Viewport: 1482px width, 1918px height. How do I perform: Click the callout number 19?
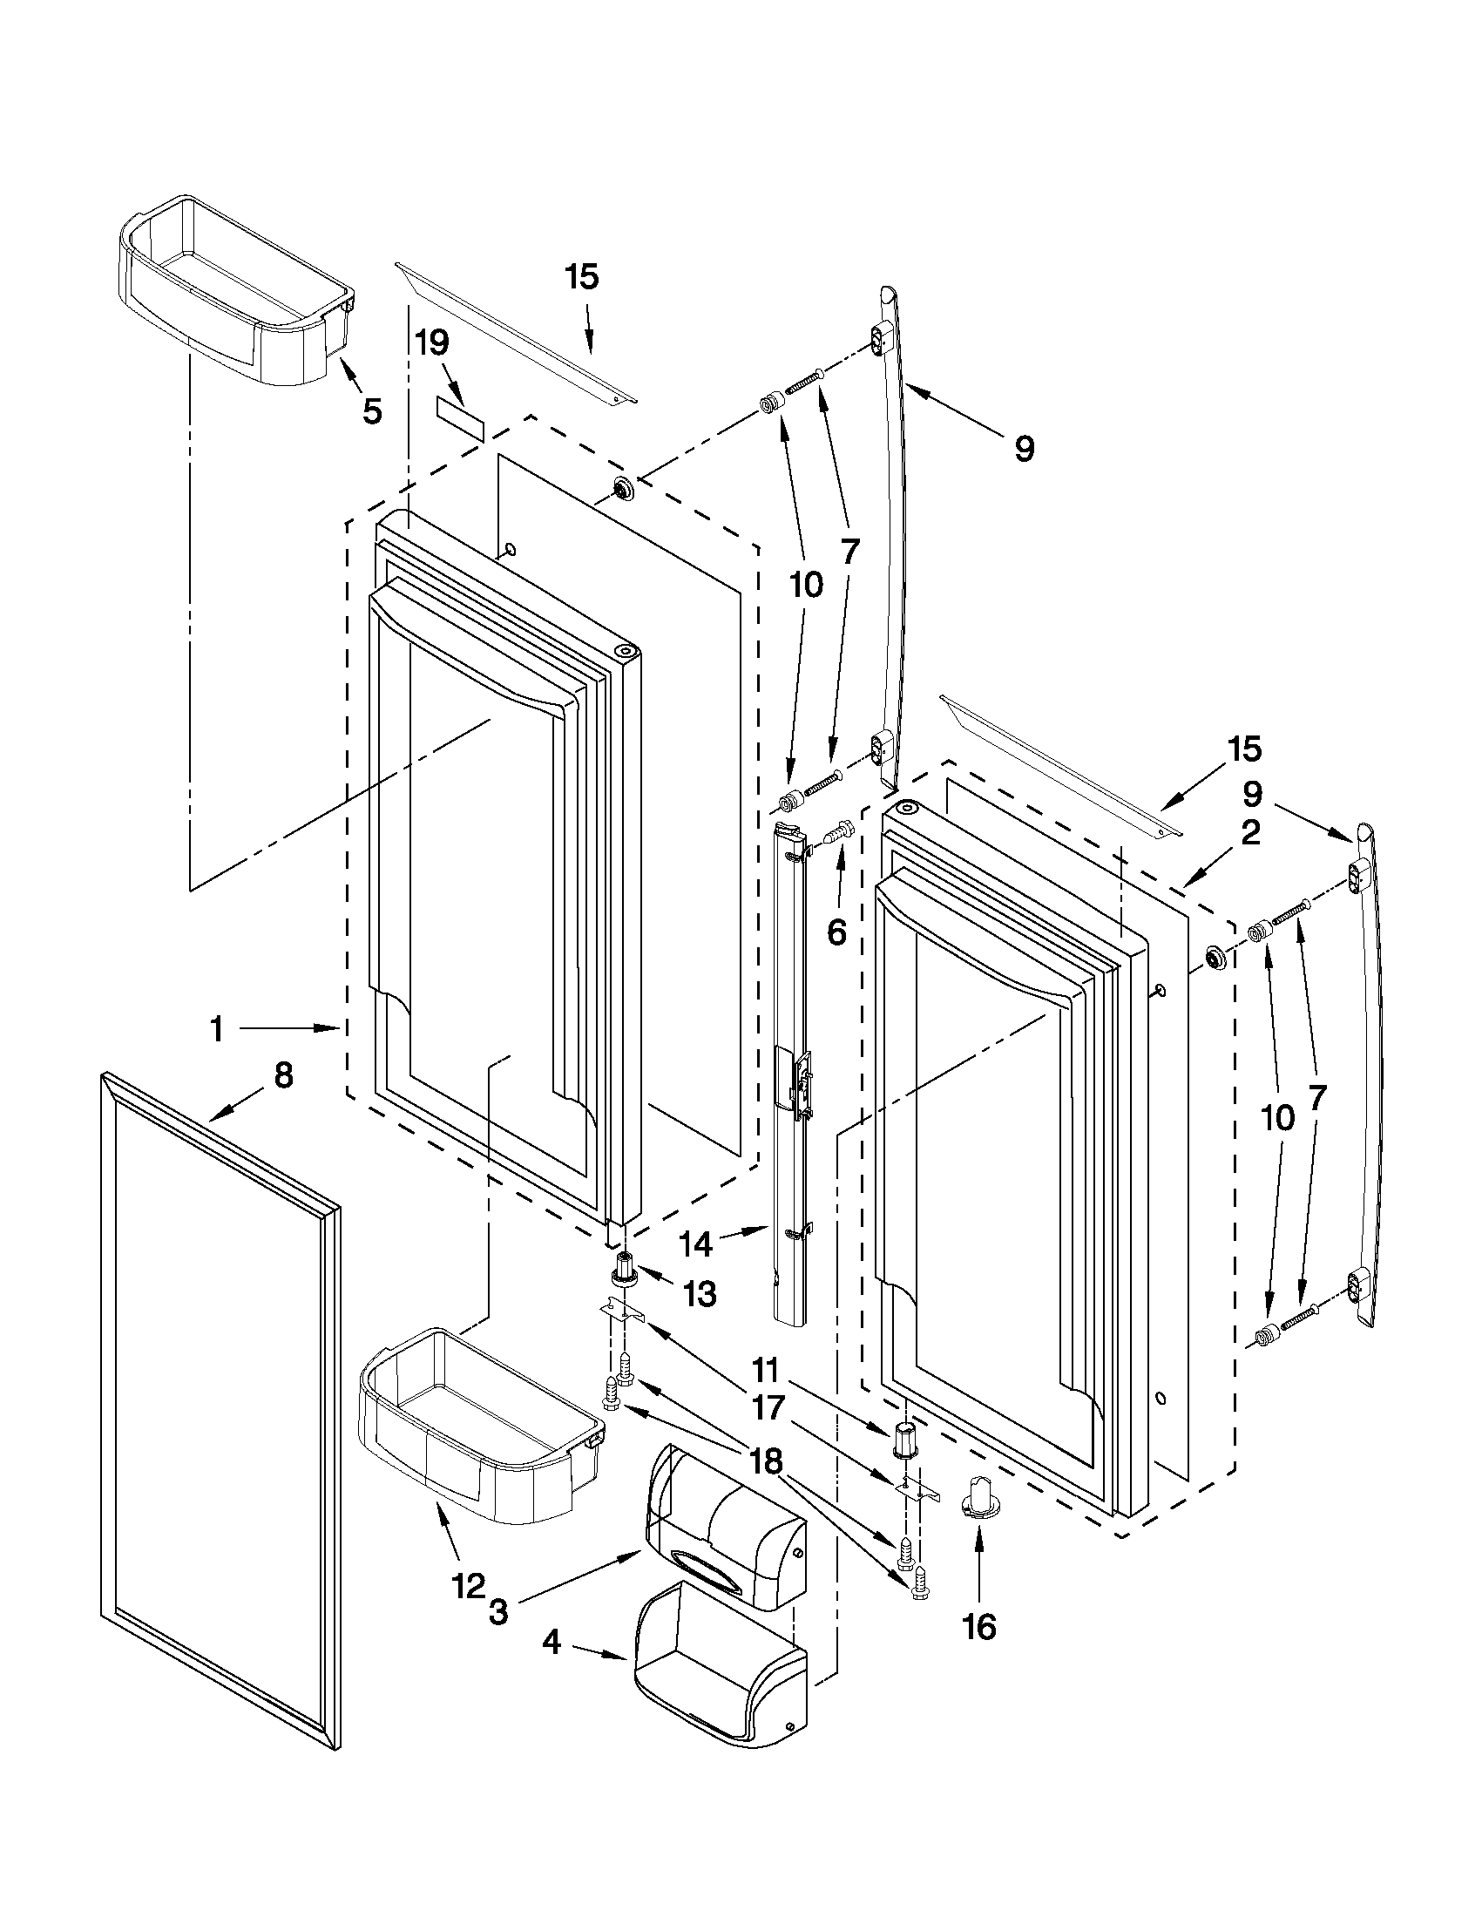coord(432,342)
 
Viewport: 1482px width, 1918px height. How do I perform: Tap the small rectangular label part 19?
coord(460,417)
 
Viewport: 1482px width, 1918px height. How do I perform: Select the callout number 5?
coord(372,410)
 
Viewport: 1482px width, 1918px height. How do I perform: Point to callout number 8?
coord(282,1076)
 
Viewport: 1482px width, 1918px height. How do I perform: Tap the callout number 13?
coord(700,1293)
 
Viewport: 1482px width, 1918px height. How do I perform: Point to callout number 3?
coord(497,1613)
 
